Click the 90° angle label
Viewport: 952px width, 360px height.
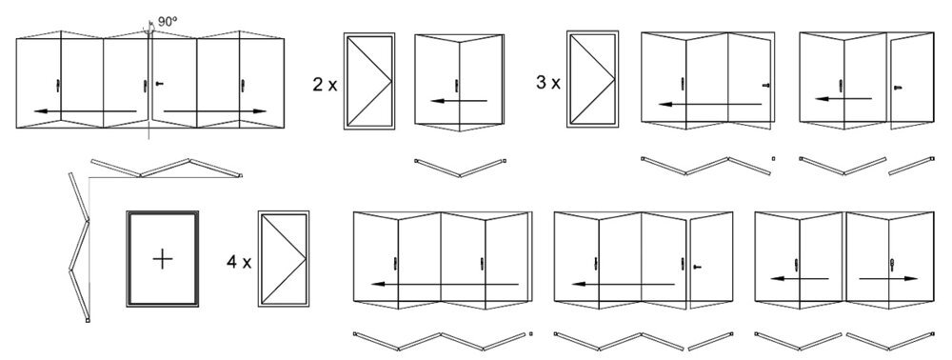click(x=168, y=19)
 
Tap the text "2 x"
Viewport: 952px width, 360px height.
click(x=324, y=84)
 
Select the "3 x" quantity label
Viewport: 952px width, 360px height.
click(x=547, y=83)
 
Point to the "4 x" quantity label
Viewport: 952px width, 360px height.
click(x=238, y=260)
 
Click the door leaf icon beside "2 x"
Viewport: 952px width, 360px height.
click(x=370, y=81)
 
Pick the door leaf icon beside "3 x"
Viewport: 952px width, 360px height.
click(x=593, y=78)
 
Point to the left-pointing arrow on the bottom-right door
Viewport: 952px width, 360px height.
click(x=799, y=279)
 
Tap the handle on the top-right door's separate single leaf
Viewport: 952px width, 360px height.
click(x=898, y=88)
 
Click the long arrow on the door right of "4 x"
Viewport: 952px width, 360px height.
click(x=446, y=284)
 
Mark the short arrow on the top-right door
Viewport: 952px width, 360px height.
click(x=843, y=97)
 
